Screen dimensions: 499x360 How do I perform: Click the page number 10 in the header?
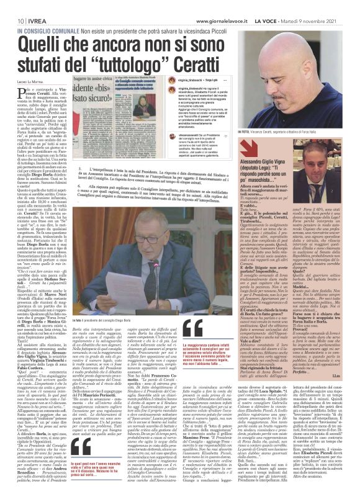pos(12,6)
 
